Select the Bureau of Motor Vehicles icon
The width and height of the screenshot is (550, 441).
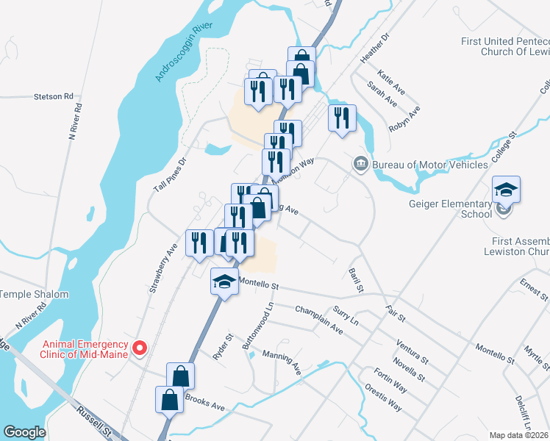coord(360,163)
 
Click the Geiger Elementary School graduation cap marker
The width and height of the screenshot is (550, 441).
coord(506,190)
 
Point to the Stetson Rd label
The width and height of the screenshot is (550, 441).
coord(55,96)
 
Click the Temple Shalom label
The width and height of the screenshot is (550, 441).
coord(34,295)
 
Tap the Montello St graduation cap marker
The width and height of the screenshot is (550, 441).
coord(224,281)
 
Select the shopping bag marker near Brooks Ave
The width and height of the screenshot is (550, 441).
coord(170,400)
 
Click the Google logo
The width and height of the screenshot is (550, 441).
coord(24,432)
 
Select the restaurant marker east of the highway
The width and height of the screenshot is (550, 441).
coord(342,117)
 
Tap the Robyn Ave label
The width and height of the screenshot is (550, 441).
coord(404,122)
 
